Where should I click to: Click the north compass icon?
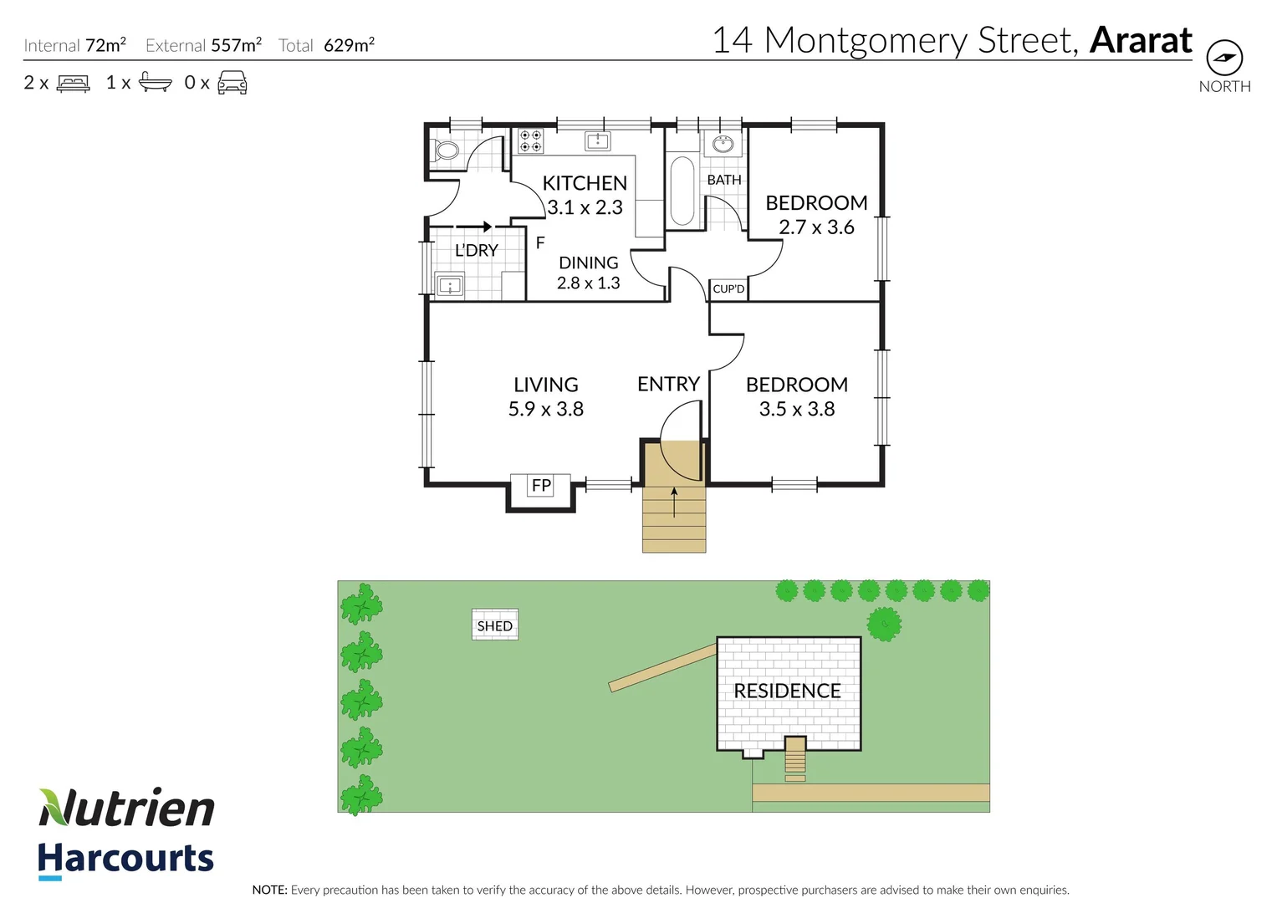coord(1224,58)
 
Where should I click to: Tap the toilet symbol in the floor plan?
coord(446,150)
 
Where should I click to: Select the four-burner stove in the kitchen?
coord(530,140)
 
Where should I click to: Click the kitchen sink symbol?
coord(597,140)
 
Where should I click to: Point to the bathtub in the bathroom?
coord(682,191)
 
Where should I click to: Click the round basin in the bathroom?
coord(723,145)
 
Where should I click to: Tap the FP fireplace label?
coord(541,486)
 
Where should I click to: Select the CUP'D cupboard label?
coord(728,289)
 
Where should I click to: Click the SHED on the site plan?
coord(495,625)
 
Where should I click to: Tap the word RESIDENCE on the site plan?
coord(787,691)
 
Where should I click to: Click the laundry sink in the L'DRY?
coord(450,286)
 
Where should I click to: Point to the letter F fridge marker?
coord(540,242)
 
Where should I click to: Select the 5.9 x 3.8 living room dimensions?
coord(546,409)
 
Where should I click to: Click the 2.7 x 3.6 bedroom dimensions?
coord(816,227)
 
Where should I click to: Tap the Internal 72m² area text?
coord(75,45)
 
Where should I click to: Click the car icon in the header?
coord(232,83)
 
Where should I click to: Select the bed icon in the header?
coord(74,84)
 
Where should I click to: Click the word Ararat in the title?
coord(1141,40)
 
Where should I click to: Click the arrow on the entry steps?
coord(674,502)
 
